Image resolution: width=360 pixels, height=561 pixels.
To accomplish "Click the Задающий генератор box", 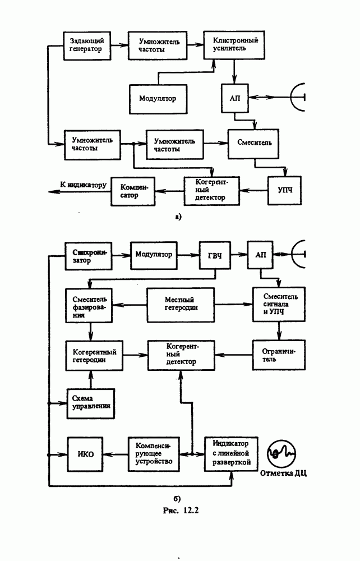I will click(x=87, y=45).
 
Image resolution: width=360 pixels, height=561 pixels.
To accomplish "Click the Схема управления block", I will click(x=90, y=403).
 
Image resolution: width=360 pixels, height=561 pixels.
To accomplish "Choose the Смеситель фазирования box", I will click(x=90, y=305).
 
